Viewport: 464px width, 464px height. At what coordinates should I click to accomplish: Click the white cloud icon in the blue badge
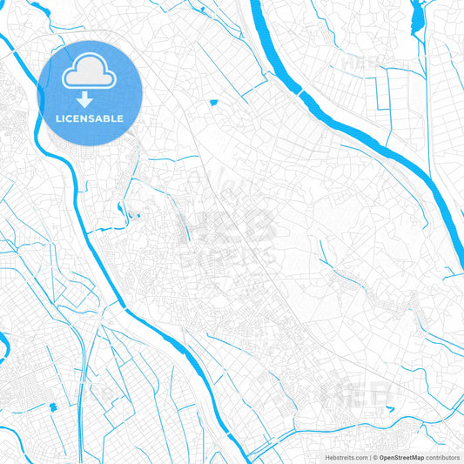90,71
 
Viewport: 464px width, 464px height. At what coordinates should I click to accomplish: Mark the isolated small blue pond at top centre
213,104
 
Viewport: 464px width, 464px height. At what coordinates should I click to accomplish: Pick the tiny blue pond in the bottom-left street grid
52,407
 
